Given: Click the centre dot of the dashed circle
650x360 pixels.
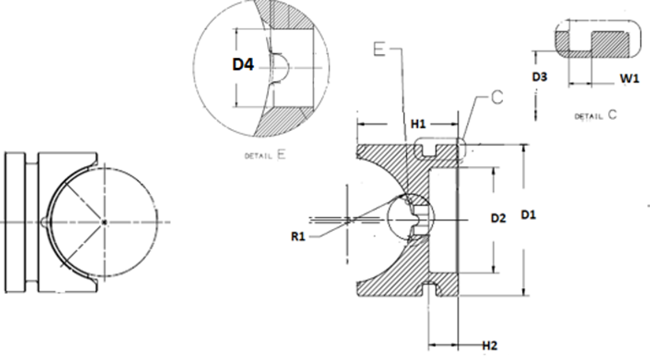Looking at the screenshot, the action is point(105,222).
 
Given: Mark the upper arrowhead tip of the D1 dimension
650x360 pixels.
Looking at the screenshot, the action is point(525,144).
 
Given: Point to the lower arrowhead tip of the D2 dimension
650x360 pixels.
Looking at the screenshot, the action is point(494,273).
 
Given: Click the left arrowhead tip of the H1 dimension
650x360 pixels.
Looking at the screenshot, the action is point(357,124).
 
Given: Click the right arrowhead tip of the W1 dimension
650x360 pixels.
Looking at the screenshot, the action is point(592,84).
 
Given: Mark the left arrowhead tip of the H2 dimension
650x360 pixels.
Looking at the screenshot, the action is point(429,344).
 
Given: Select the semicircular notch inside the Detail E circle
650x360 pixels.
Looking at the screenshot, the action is point(280,67).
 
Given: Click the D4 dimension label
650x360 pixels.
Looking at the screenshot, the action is point(243,64).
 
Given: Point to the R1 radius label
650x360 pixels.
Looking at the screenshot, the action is point(298,236).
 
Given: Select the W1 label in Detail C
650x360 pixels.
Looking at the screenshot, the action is point(630,79).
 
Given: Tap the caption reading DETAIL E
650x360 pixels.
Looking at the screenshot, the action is point(265,155).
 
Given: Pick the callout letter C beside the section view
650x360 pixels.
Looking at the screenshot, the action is point(497,98).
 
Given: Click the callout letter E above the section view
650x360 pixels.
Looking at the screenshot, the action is point(379,49).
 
